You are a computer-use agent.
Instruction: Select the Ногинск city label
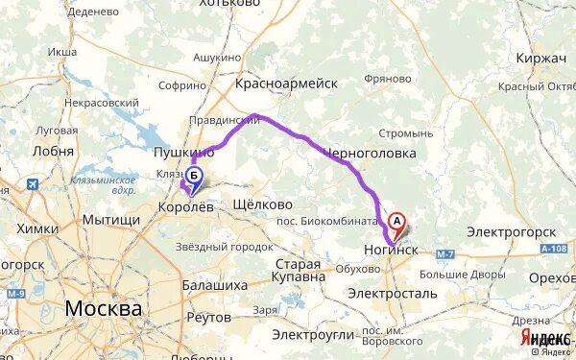tap(391, 248)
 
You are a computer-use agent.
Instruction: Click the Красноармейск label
tap(286, 84)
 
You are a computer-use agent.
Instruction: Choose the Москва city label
tap(104, 309)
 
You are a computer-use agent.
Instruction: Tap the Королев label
tap(185, 205)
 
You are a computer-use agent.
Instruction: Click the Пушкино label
tap(183, 153)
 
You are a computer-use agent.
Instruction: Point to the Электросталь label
tap(393, 292)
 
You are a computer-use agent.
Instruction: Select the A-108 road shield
tap(553, 249)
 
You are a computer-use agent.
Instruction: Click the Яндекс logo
tap(545, 339)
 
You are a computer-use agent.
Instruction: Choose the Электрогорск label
tap(512, 232)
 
